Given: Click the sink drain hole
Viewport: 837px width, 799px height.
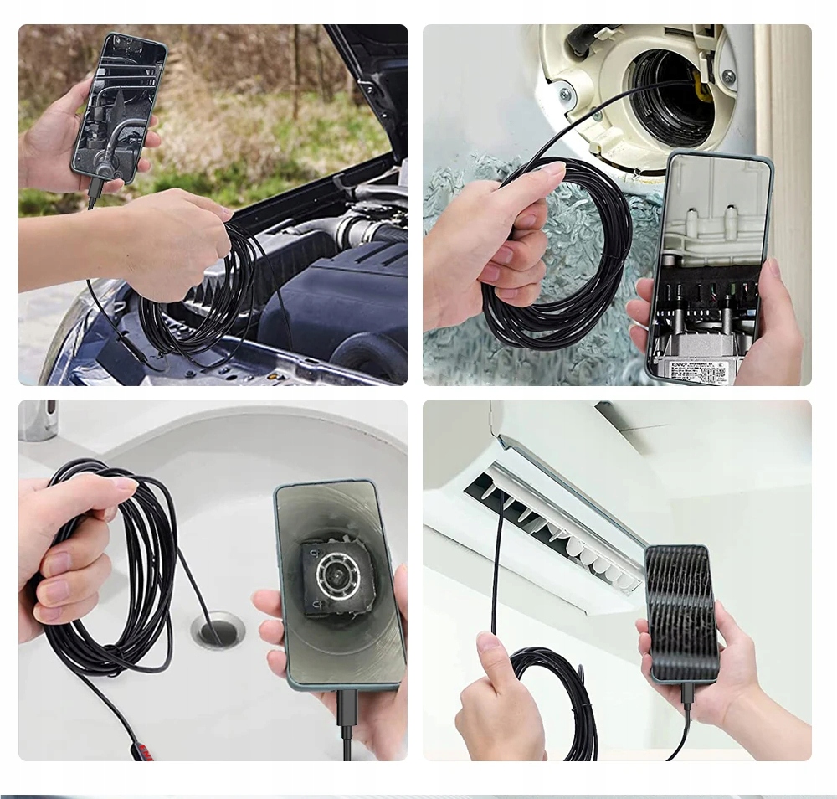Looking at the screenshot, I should [x=218, y=628].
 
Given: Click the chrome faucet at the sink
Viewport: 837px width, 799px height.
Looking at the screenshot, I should [x=38, y=419].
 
